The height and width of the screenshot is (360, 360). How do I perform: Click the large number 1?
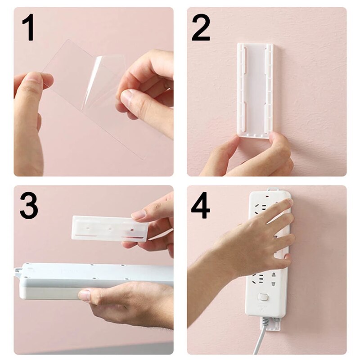[28, 28]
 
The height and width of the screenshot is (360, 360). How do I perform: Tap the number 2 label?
[201, 28]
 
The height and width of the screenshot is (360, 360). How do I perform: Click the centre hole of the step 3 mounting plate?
[110, 229]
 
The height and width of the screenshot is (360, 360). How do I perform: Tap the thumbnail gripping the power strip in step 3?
[85, 295]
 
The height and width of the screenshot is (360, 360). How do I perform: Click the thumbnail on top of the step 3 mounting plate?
[139, 215]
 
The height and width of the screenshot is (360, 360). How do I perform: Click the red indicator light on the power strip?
[269, 197]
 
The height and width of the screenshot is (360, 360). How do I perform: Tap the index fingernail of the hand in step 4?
[287, 203]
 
